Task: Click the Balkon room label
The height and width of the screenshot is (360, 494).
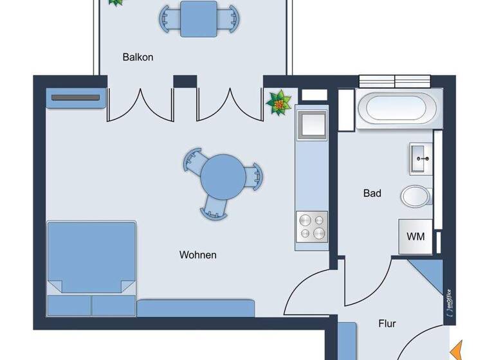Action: pos(138,57)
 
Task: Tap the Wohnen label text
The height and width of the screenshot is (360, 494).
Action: pos(197,255)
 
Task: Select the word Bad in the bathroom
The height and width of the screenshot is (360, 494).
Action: pos(372,193)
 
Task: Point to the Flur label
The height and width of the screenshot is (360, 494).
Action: pos(386,323)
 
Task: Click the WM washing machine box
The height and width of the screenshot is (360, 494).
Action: pos(416,236)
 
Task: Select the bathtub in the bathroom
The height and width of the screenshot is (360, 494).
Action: pos(399,108)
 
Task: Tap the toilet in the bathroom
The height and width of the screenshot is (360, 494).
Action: pos(417,195)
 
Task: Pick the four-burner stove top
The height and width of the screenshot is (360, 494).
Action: pos(311,227)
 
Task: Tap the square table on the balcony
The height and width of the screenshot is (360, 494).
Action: pos(199,19)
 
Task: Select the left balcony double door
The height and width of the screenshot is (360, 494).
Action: pos(140,104)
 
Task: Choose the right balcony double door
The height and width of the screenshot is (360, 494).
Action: pos(230,104)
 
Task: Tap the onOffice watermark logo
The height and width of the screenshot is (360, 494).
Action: pos(449,300)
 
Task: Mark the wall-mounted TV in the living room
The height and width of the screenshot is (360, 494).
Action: pos(75,98)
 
